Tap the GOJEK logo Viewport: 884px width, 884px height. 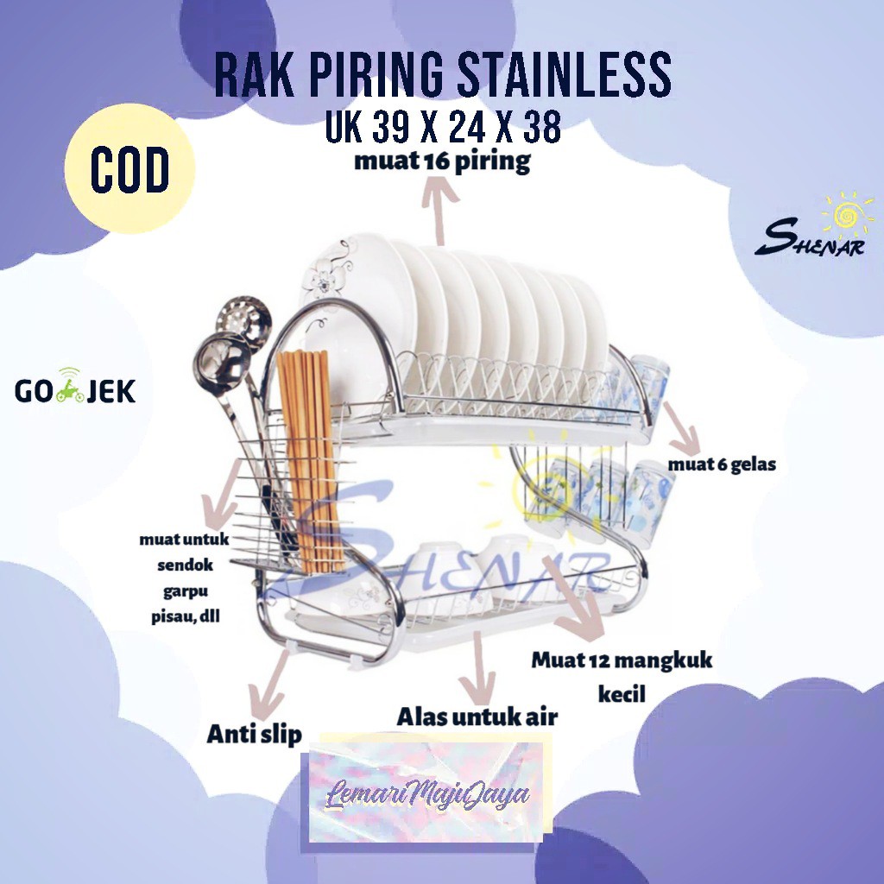pyautogui.click(x=75, y=391)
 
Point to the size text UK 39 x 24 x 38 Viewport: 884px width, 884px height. pyautogui.click(x=443, y=127)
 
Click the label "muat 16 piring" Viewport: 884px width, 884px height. pyautogui.click(x=443, y=162)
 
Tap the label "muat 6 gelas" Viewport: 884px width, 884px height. pyautogui.click(x=722, y=464)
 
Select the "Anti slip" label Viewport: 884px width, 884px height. pyautogui.click(x=254, y=734)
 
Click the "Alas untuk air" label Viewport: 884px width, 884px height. pyautogui.click(x=477, y=716)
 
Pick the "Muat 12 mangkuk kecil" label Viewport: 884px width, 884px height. pyautogui.click(x=622, y=676)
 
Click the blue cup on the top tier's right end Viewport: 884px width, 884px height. pyautogui.click(x=649, y=380)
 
